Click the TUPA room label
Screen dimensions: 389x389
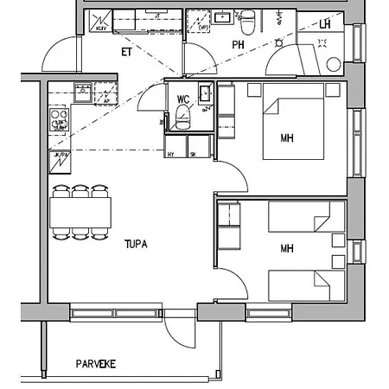click(x=134, y=245)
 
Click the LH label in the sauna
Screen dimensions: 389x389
click(x=325, y=24)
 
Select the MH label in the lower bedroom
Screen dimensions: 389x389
click(x=287, y=249)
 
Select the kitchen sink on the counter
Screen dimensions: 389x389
click(x=83, y=91)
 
